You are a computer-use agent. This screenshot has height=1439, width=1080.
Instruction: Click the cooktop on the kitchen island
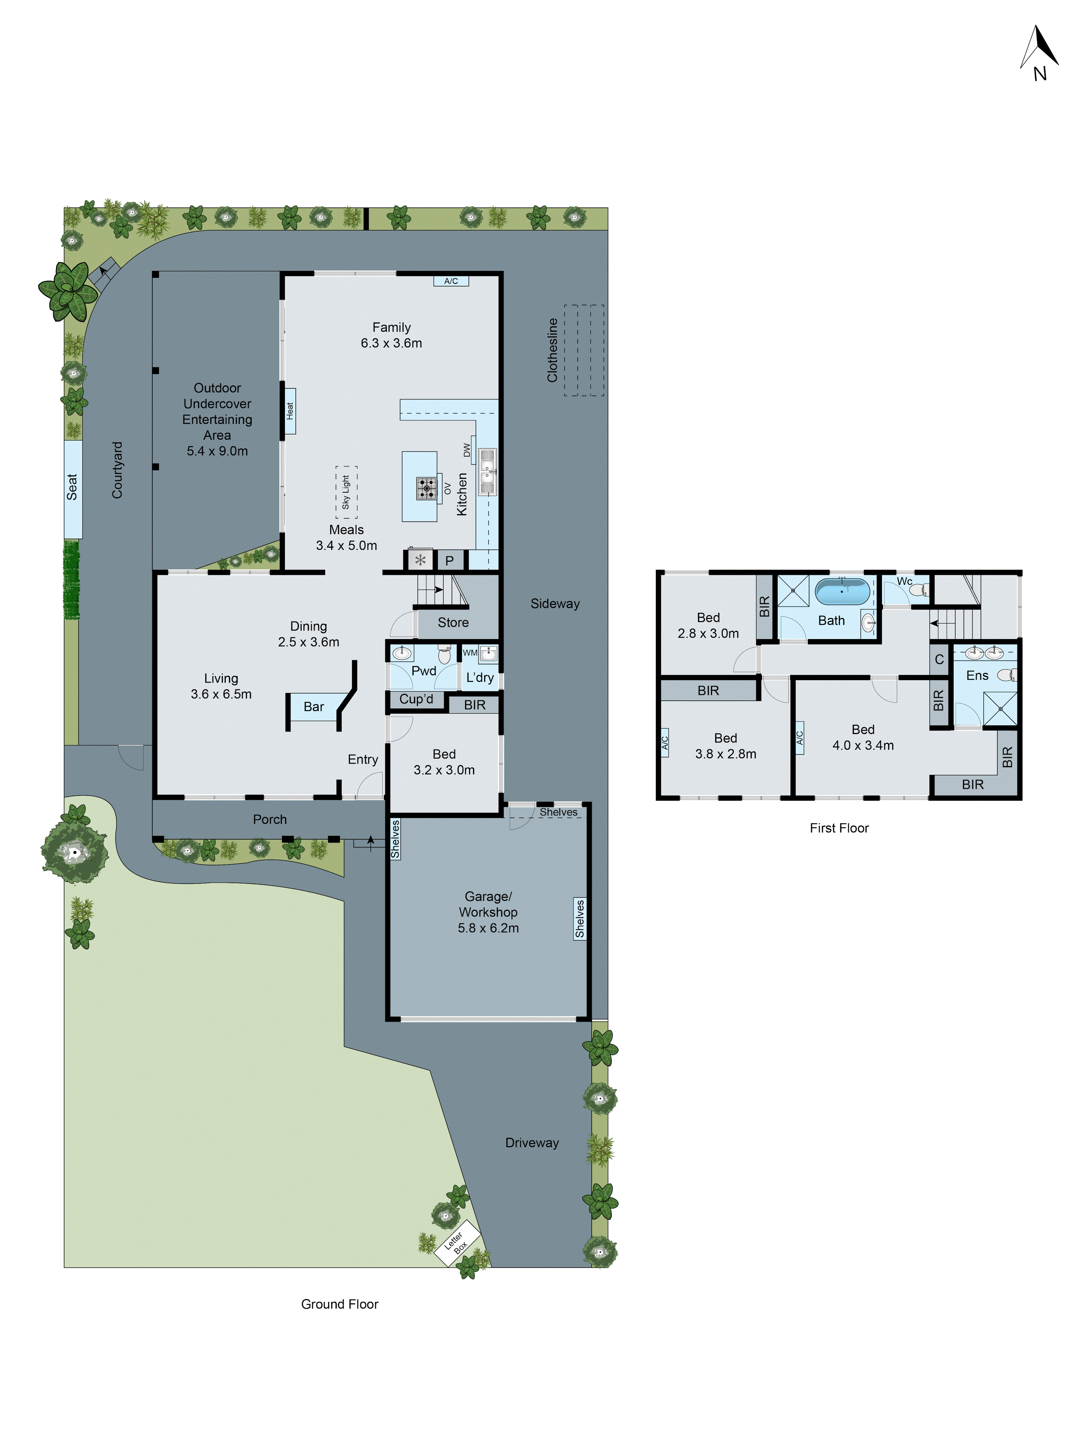click(x=426, y=488)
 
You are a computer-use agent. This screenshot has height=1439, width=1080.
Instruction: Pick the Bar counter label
click(x=314, y=706)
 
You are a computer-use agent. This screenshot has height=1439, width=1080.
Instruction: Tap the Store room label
click(x=453, y=623)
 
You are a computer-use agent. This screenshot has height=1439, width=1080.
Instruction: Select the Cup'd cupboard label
click(x=417, y=699)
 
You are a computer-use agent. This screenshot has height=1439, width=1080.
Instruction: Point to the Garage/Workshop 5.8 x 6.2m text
click(x=488, y=912)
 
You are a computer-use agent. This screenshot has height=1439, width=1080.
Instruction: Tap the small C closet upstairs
click(x=939, y=659)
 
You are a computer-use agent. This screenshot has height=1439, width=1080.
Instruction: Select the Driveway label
click(x=532, y=1143)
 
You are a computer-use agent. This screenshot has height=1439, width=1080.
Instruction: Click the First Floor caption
click(x=839, y=828)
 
